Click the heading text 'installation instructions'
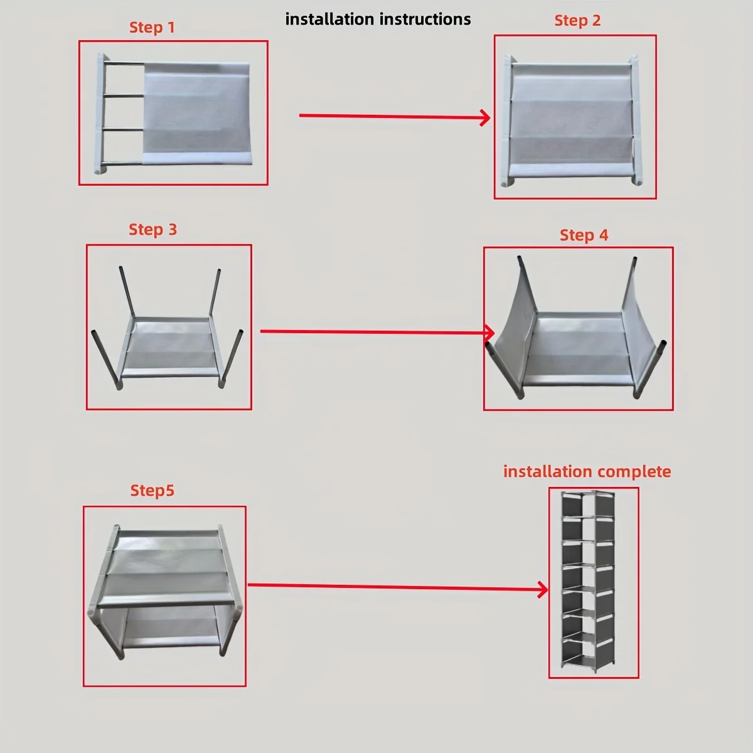(x=378, y=19)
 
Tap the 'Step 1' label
(x=152, y=28)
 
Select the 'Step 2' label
(x=577, y=21)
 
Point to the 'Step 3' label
(x=152, y=230)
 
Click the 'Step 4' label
(x=584, y=235)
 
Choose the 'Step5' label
(x=152, y=490)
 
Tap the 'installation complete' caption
(x=587, y=472)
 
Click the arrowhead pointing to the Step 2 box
(x=485, y=117)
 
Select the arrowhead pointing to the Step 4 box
(x=490, y=332)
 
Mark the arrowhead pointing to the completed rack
(x=543, y=589)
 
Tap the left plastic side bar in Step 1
(x=100, y=113)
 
